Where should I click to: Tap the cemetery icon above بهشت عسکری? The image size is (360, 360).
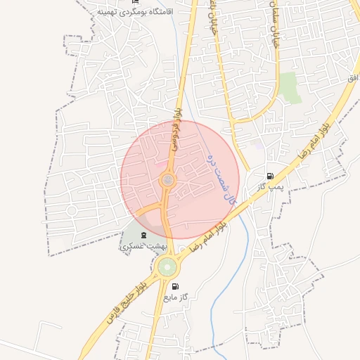[x=144, y=234]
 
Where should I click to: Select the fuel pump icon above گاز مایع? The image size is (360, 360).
[x=175, y=286]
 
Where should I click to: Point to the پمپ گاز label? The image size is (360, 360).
[x=269, y=186]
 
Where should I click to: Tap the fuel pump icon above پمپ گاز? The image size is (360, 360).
[x=270, y=176]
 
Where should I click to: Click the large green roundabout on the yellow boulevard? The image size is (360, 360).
[x=167, y=267]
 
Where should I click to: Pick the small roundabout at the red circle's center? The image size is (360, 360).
[x=168, y=181]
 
